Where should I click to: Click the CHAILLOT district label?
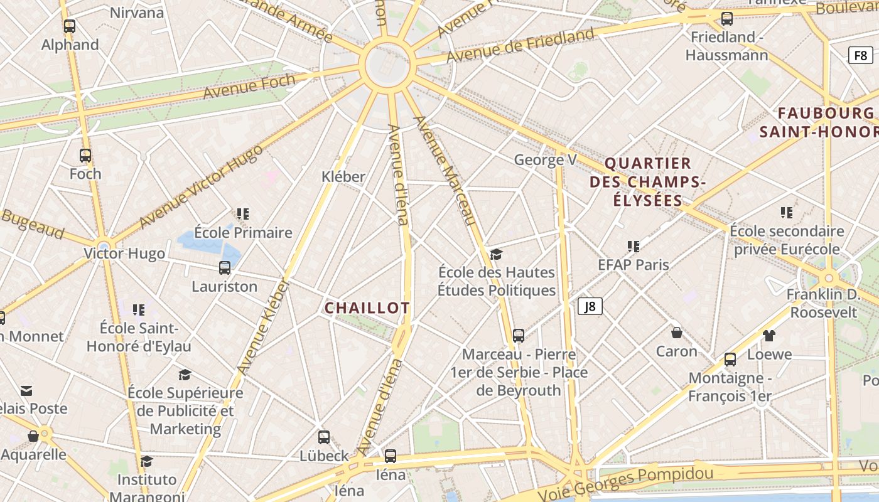367,308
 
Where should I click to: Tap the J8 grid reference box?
590,306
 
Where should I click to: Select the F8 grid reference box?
860,55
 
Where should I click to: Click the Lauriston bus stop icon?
225,268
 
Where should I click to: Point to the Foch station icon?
85,156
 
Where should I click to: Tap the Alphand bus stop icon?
70,26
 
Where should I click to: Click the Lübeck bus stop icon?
324,437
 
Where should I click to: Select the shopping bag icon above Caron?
677,333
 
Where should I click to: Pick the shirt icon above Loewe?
769,336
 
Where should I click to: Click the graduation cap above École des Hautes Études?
497,254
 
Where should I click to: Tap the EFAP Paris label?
633,265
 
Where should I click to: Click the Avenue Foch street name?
249,87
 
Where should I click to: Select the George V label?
544,160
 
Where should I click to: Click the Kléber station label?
343,177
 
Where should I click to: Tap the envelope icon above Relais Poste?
26,391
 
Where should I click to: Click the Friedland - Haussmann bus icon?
727,19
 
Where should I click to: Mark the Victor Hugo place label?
124,254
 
